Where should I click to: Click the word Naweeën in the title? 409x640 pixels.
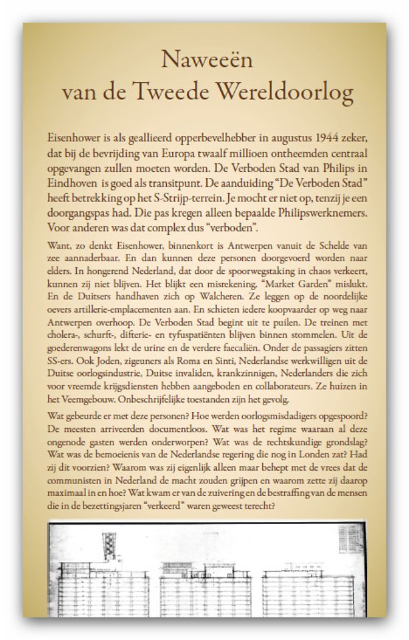pyautogui.click(x=204, y=61)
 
